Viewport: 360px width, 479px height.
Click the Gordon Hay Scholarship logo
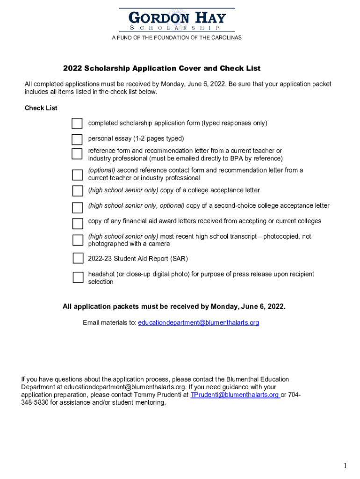pos(177,20)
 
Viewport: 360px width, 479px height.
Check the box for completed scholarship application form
pos(77,123)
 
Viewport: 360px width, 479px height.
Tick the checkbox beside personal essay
pos(77,139)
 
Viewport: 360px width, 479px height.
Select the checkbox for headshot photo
pos(78,277)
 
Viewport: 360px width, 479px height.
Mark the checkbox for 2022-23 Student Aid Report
pos(78,259)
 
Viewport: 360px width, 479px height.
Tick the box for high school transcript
pos(77,240)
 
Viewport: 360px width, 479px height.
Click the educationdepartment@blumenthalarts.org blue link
pos(198,323)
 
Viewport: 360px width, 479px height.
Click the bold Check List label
pos(41,108)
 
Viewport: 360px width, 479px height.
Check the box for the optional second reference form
pos(77,174)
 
